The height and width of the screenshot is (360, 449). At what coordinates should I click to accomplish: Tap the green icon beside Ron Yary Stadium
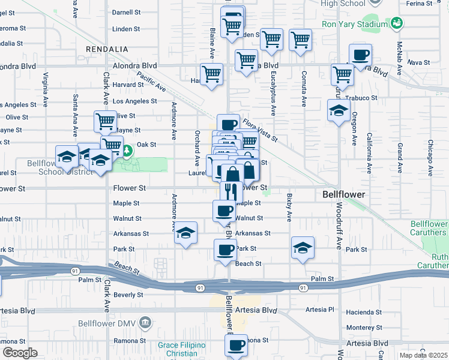(x=396, y=23)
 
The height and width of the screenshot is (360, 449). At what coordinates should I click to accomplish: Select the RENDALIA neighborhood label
(x=107, y=49)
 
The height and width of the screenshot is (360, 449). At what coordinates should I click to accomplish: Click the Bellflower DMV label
(x=107, y=323)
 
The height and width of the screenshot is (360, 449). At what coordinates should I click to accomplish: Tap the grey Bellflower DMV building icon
(x=145, y=323)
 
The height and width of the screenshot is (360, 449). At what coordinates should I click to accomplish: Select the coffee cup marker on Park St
(x=225, y=250)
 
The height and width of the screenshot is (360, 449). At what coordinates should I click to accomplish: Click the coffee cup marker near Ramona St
(x=236, y=345)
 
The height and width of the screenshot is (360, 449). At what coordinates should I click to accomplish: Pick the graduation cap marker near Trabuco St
(x=339, y=111)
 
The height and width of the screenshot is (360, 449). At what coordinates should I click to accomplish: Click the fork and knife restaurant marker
(x=231, y=191)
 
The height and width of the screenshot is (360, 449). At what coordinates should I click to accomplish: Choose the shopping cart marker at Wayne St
(x=105, y=121)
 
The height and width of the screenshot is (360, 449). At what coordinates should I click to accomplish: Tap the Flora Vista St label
(x=260, y=130)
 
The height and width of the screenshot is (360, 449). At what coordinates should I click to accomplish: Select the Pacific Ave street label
(x=151, y=82)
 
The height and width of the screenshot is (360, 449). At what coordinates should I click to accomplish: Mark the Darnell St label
(x=126, y=12)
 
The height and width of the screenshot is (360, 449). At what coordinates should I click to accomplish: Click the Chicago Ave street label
(x=431, y=155)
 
